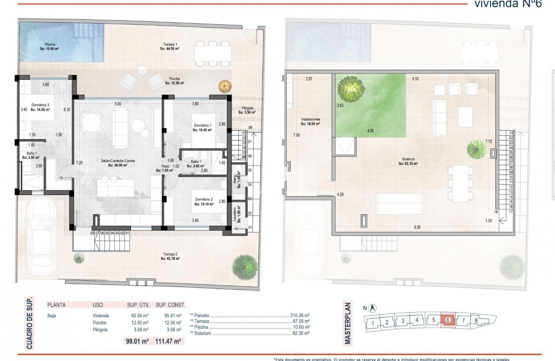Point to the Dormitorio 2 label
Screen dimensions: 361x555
(x=204, y=202)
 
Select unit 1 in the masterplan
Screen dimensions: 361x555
(x=373, y=324)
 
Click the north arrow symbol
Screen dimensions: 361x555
(x=373, y=308)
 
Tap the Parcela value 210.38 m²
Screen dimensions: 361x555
(x=300, y=315)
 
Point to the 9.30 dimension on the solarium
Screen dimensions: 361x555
(x=417, y=227)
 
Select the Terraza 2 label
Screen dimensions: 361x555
(x=170, y=256)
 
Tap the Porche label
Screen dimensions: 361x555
(x=175, y=81)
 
